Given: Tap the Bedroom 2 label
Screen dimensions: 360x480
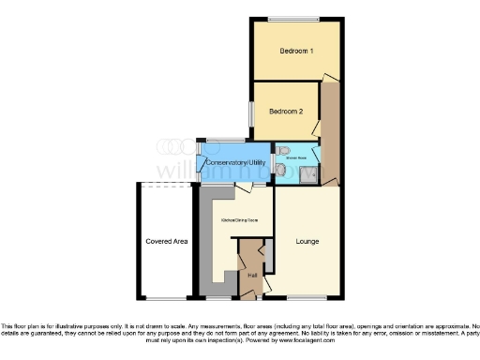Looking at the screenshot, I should (286, 111).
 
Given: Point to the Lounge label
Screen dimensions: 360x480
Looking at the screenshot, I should (307, 241).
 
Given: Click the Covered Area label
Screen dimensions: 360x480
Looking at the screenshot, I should (166, 241).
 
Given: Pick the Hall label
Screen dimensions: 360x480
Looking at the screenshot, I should (252, 275).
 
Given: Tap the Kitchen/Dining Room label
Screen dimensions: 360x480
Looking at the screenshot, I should (240, 219).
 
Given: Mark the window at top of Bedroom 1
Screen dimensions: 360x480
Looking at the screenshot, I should (292, 19).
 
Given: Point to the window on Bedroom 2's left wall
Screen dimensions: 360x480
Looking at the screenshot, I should (250, 111).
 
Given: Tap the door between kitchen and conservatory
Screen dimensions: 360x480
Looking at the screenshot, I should (243, 187).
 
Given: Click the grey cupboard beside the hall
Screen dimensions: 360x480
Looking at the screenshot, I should (267, 253).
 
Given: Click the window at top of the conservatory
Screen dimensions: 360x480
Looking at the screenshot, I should (226, 142).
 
